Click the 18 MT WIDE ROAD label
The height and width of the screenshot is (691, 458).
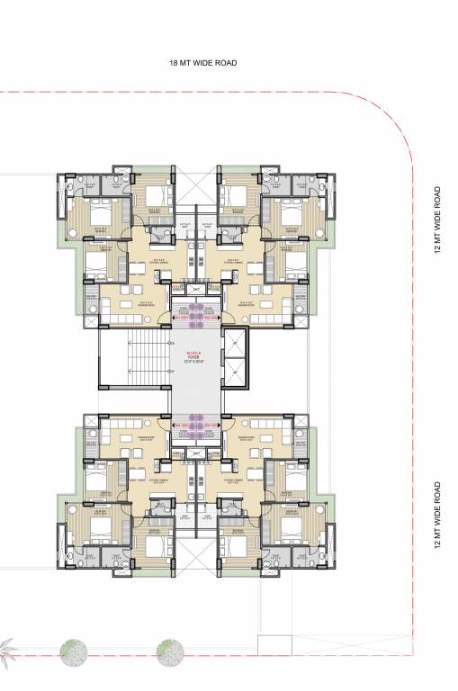(208, 63)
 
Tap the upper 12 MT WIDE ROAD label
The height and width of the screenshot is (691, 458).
(437, 221)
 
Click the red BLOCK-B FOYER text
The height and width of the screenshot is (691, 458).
(196, 356)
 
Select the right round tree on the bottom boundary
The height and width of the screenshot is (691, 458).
(169, 651)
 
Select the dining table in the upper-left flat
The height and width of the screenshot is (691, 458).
(137, 267)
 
